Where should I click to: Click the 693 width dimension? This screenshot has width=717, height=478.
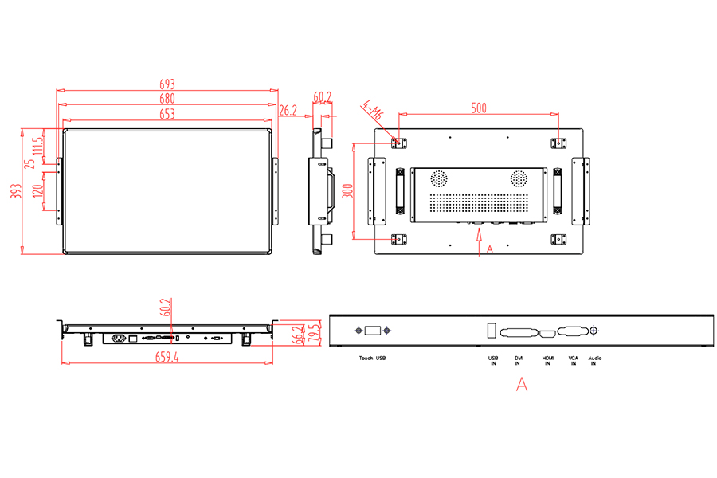click(x=167, y=84)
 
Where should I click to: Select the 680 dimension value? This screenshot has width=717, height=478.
click(x=167, y=99)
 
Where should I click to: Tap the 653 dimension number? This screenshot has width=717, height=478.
click(x=167, y=114)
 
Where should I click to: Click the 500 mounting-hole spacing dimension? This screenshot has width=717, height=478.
click(x=478, y=108)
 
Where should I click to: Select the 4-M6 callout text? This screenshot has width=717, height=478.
click(x=372, y=111)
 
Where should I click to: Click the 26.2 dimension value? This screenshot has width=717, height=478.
click(x=288, y=111)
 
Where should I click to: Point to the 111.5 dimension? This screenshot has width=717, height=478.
click(x=37, y=146)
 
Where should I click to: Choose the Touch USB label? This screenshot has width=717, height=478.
click(x=372, y=358)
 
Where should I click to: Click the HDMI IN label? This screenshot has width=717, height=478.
click(x=548, y=361)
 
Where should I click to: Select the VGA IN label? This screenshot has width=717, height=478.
click(x=573, y=361)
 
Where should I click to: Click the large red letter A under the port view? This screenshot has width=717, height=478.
click(x=522, y=384)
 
